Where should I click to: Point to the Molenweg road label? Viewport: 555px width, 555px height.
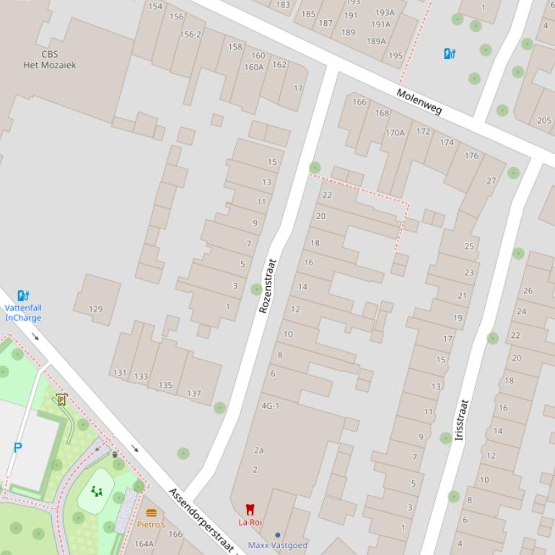click(x=419, y=102)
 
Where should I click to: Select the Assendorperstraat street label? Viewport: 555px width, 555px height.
click(x=202, y=520)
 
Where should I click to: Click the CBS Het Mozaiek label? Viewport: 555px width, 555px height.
click(x=50, y=59)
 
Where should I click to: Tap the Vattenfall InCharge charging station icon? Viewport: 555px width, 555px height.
click(x=23, y=296)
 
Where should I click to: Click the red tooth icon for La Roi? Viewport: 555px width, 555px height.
click(x=250, y=509)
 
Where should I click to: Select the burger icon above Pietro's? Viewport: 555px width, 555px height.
click(x=151, y=513)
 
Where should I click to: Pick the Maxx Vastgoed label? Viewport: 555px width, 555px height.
click(x=278, y=545)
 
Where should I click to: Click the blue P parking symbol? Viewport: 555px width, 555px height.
click(x=18, y=448)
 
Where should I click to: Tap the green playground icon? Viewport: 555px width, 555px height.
click(x=97, y=492)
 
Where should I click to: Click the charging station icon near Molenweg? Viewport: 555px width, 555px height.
click(x=450, y=53)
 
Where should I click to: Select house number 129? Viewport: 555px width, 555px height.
click(x=95, y=309)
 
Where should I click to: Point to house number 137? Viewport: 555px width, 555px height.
click(x=193, y=393)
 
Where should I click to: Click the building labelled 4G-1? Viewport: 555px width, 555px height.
click(x=270, y=406)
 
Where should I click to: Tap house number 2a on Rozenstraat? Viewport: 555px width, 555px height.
click(x=258, y=450)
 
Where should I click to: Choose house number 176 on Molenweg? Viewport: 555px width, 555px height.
click(x=471, y=155)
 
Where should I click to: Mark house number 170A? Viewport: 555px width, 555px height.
click(x=395, y=133)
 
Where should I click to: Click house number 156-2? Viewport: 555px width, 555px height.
click(x=191, y=34)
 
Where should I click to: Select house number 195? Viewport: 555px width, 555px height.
click(x=396, y=55)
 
